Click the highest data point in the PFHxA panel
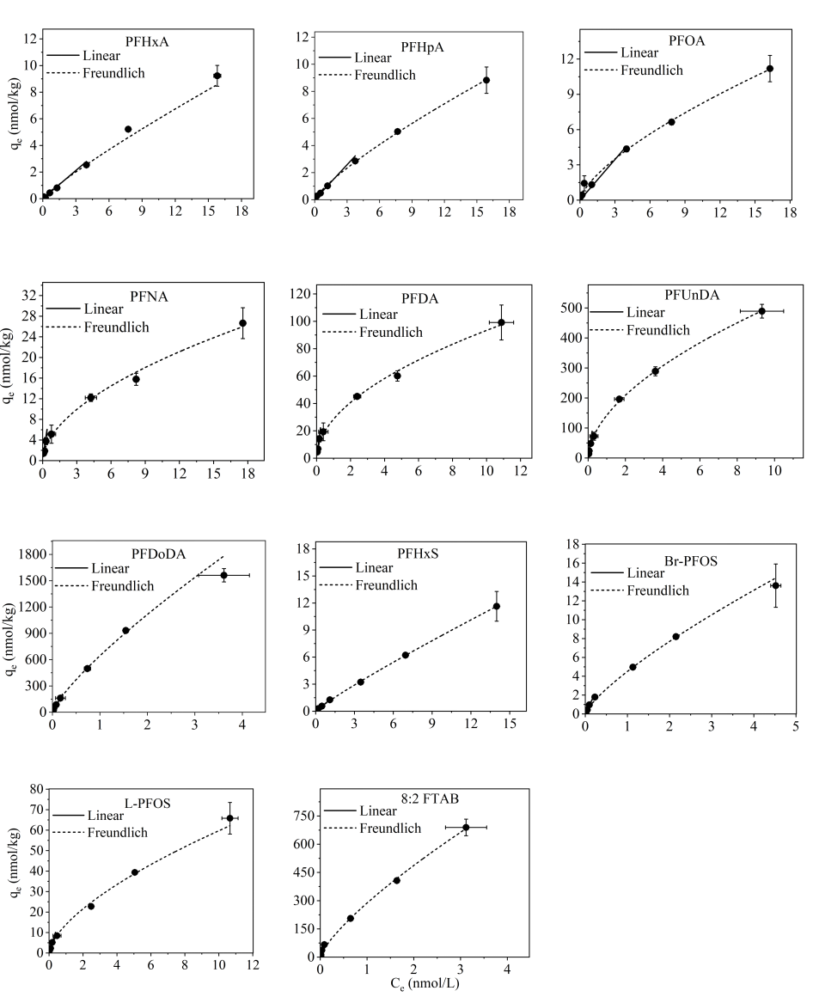pyautogui.click(x=217, y=76)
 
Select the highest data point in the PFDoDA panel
pyautogui.click(x=224, y=575)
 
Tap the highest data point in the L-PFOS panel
pyautogui.click(x=229, y=818)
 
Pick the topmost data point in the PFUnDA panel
pyautogui.click(x=761, y=311)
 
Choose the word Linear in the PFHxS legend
pyautogui.click(x=374, y=568)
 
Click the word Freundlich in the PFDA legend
pyautogui.click(x=391, y=332)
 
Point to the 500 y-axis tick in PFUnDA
pyautogui.click(x=569, y=308)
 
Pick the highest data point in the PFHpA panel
pyautogui.click(x=486, y=80)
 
